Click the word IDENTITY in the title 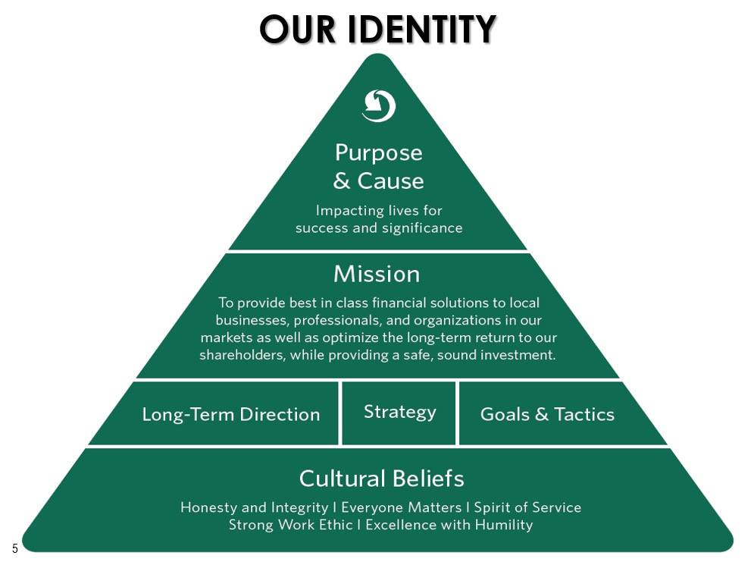(421, 29)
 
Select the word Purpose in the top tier (379, 153)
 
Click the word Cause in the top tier (390, 181)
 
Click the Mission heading (377, 274)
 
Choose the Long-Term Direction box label (231, 415)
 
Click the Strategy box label (400, 413)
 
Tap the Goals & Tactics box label (547, 414)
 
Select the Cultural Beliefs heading (382, 479)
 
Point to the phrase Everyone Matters (402, 507)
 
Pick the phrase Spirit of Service (527, 507)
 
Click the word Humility (504, 525)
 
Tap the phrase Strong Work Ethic (290, 525)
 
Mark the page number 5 (15, 548)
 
